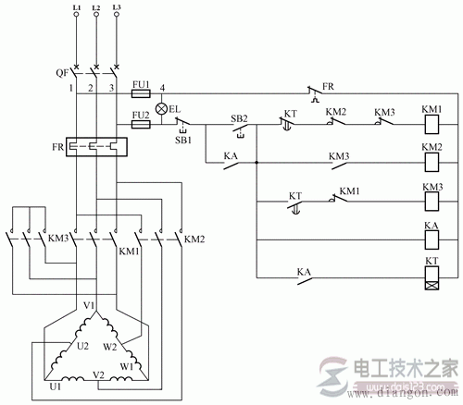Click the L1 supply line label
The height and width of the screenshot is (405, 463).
coord(75,6)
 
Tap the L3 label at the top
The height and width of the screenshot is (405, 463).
coord(116,6)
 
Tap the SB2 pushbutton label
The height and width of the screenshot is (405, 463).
coord(240,118)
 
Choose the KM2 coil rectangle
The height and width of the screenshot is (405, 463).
coord(432,164)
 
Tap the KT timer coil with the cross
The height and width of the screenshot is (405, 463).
coord(432,278)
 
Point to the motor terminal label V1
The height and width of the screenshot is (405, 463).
coord(91,304)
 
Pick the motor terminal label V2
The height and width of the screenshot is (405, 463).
coord(99,373)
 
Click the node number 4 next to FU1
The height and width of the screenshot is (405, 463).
coord(162,88)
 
